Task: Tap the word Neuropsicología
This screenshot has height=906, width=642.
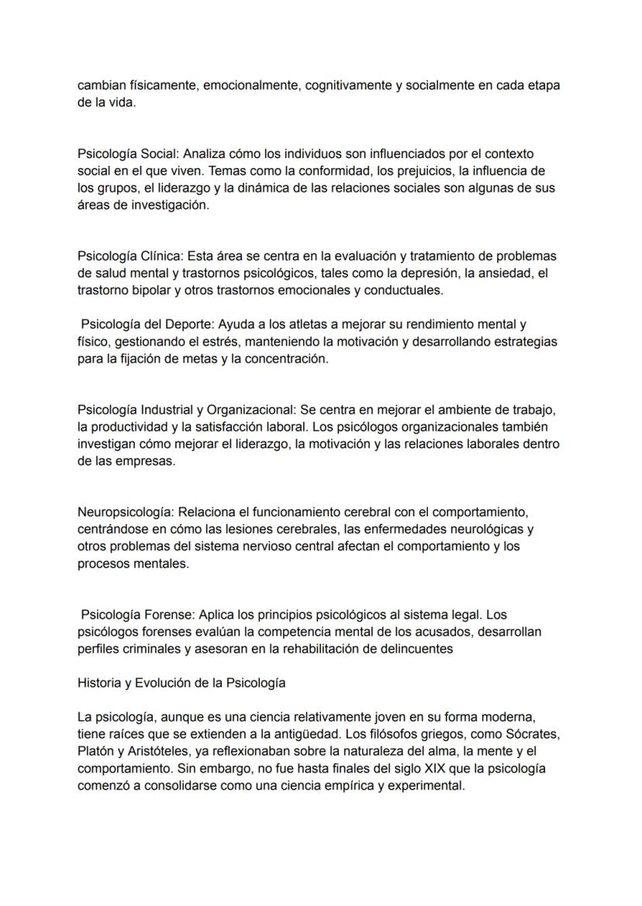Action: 126,512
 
